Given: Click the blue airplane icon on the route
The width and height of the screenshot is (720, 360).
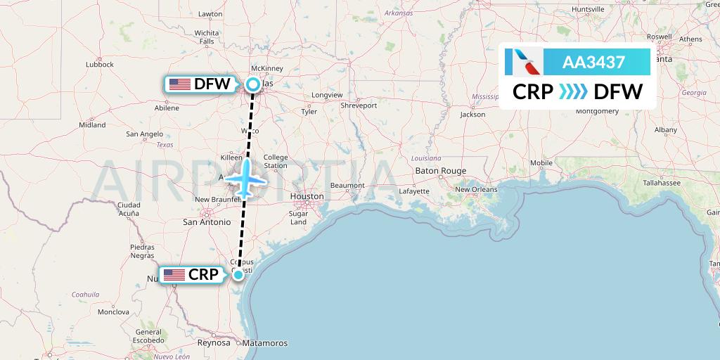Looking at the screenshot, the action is point(245,179).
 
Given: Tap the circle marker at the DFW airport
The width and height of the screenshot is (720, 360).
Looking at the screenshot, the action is point(252,85).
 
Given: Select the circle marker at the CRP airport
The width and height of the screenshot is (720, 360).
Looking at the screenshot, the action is point(238,274).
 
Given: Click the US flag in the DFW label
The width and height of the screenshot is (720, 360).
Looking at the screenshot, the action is point(180,84).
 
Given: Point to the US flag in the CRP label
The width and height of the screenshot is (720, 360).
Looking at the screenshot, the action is point(174,275).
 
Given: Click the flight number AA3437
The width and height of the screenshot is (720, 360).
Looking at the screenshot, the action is point(593,62).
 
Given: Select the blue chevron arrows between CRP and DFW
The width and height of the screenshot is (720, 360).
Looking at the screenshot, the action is point(573,92).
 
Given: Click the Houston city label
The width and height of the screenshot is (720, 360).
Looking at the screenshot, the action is point(307,196).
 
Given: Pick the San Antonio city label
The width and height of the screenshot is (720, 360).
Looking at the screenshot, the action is point(207,221).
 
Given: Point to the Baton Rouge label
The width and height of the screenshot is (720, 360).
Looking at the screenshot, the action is point(441,171).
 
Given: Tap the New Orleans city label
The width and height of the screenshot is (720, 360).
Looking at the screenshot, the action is point(476,189).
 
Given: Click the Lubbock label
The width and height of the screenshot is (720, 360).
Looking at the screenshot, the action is point(99,64).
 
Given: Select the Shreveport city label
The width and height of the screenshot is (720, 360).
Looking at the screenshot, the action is point(359,105).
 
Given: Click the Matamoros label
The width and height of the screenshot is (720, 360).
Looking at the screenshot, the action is point(264,343).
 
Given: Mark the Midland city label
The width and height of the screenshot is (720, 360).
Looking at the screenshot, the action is point(92,124).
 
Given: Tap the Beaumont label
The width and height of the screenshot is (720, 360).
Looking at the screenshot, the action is point(347,186).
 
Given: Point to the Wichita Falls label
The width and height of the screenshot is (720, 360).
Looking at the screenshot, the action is point(207,37).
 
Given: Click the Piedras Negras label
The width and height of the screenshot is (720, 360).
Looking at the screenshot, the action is point(143,251).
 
